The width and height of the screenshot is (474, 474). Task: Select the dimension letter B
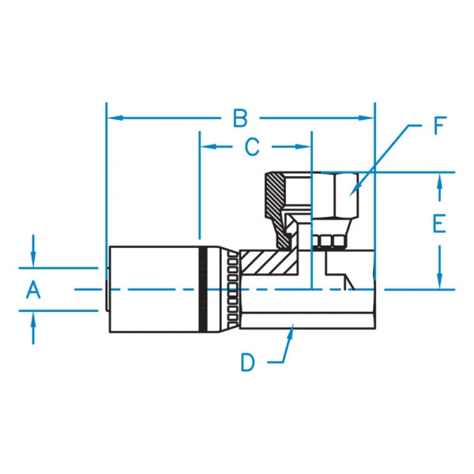click(x=240, y=118)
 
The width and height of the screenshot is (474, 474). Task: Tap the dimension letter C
click(x=251, y=147)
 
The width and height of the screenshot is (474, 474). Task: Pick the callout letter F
click(x=439, y=126)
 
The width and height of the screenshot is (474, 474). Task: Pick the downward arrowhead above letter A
click(x=33, y=260)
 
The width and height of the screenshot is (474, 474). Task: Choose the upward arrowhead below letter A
click(x=33, y=318)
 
